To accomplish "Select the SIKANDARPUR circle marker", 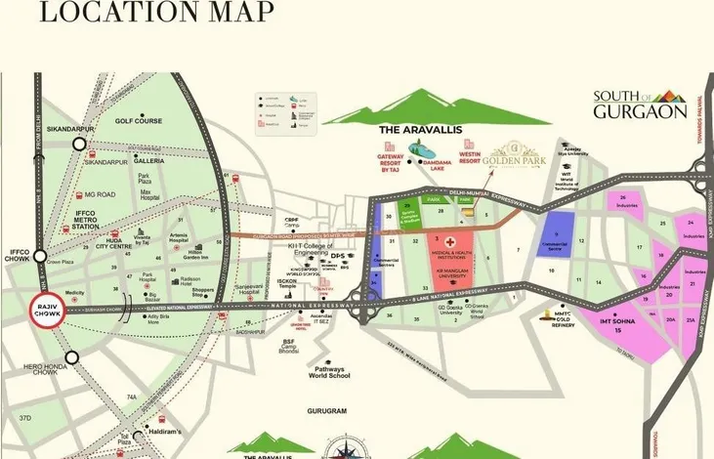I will [79, 144].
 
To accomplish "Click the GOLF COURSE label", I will [137, 122].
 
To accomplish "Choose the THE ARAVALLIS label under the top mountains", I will [420, 128].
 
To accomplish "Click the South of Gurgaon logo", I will [640, 104].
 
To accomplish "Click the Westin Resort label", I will [474, 156].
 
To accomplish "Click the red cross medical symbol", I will [450, 238].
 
